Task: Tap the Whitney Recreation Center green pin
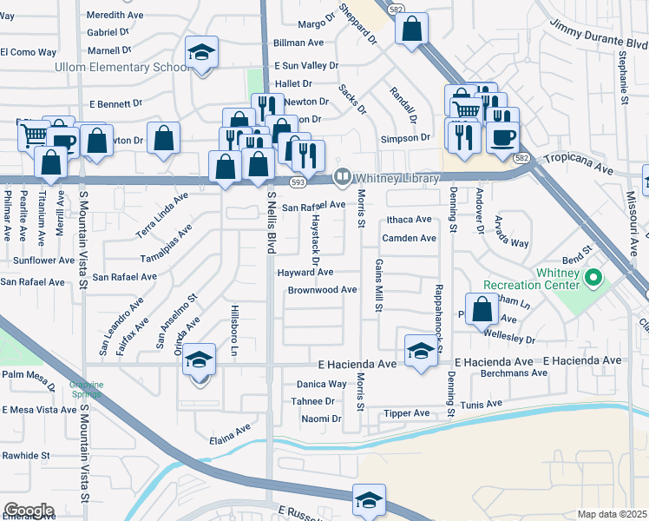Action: (593, 279)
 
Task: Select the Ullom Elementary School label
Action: (121, 67)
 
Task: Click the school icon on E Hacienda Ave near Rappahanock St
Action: (421, 351)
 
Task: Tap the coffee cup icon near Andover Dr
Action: (503, 136)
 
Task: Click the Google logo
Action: (28, 511)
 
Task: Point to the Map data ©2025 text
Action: (611, 514)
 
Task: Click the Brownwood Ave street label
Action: (322, 290)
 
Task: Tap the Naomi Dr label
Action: (321, 419)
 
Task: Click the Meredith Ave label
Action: (115, 16)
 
